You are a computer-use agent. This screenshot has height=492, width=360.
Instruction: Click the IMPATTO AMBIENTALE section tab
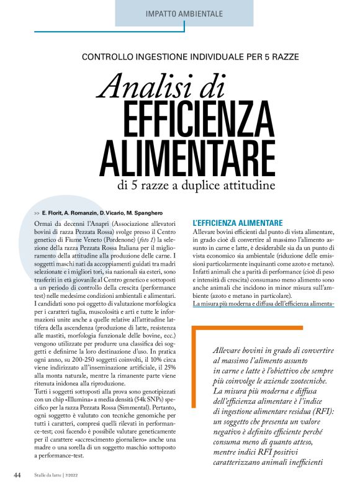[184, 13]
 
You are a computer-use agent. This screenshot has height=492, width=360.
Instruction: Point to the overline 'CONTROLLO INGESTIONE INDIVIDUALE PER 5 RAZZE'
[191, 57]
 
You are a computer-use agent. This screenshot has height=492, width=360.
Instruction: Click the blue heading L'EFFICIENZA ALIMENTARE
[238, 221]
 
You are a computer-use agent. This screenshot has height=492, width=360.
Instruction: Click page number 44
[17, 475]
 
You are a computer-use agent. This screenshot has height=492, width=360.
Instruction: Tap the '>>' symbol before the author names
[37, 213]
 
